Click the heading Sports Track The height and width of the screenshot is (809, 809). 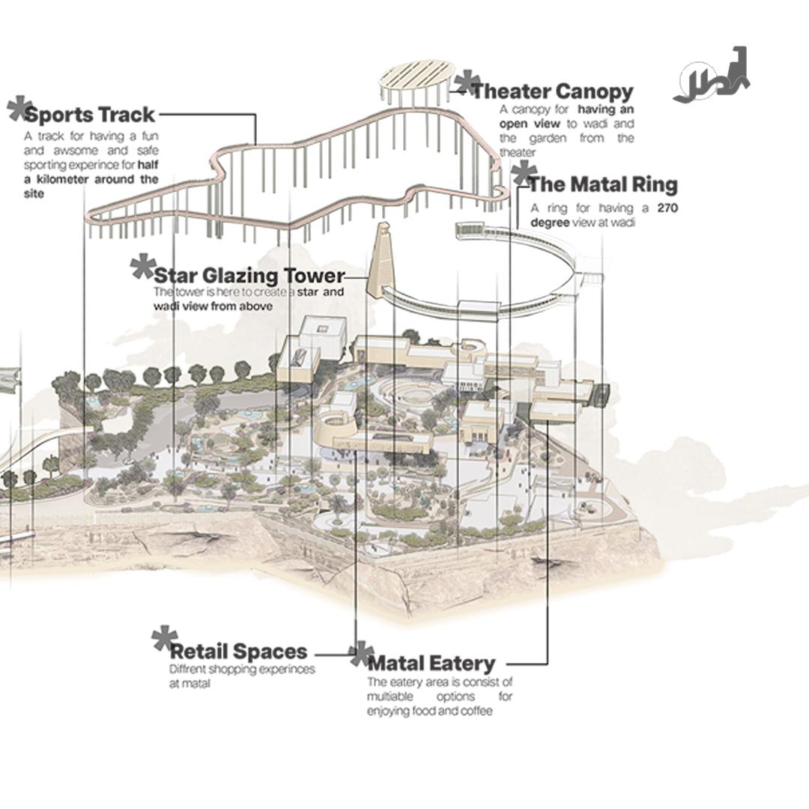(90, 115)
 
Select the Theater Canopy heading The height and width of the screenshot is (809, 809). (552, 91)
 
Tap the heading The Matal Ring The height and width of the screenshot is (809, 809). (602, 184)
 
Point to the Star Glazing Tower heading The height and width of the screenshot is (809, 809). (249, 275)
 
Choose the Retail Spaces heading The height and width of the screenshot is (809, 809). (238, 651)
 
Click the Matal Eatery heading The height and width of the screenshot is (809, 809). (431, 663)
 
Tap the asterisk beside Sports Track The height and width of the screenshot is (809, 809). (19, 109)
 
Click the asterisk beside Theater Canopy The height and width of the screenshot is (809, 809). (467, 82)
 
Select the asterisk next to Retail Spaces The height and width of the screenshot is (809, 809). (164, 639)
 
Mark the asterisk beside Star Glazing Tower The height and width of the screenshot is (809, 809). (142, 266)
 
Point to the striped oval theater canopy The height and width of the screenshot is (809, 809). (416, 76)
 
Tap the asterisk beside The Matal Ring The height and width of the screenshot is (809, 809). (523, 174)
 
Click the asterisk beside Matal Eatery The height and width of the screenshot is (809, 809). (361, 654)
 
